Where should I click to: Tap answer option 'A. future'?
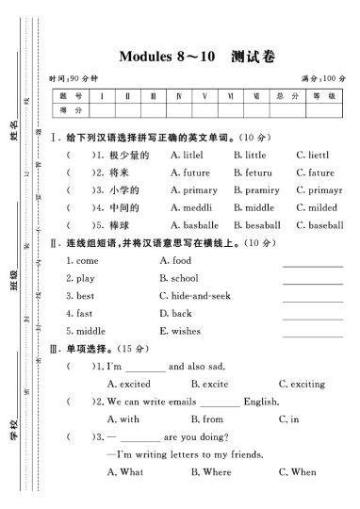190,172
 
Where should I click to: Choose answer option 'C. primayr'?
319,190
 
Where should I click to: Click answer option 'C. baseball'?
319,225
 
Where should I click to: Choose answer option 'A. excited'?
129,384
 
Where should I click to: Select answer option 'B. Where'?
211,472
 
